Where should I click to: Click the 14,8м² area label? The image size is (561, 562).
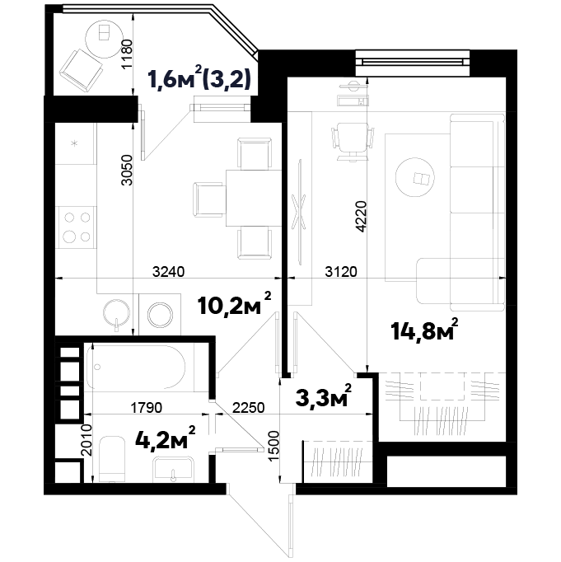coord(424,330)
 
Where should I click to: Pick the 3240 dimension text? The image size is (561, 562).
coord(168,271)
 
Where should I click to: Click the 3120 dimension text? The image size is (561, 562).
coord(341,271)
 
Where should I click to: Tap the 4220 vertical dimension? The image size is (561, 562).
coord(362,217)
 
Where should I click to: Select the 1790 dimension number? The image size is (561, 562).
coord(146,408)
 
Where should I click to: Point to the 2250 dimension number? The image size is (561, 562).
coord(249,408)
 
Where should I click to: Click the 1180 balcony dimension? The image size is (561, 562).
coord(127,54)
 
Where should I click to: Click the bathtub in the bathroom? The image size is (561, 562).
coord(136,367)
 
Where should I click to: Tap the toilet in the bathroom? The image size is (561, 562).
coord(111,459)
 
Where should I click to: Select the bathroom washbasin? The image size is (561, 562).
coord(173,469)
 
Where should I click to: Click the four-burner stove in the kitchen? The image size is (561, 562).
coord(77,227)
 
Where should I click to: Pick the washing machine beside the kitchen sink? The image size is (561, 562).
coord(160,315)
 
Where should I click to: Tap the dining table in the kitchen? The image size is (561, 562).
coord(254,199)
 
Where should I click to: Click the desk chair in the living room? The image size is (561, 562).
coord(353,140)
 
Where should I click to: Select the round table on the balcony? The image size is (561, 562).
coord(104,39)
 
